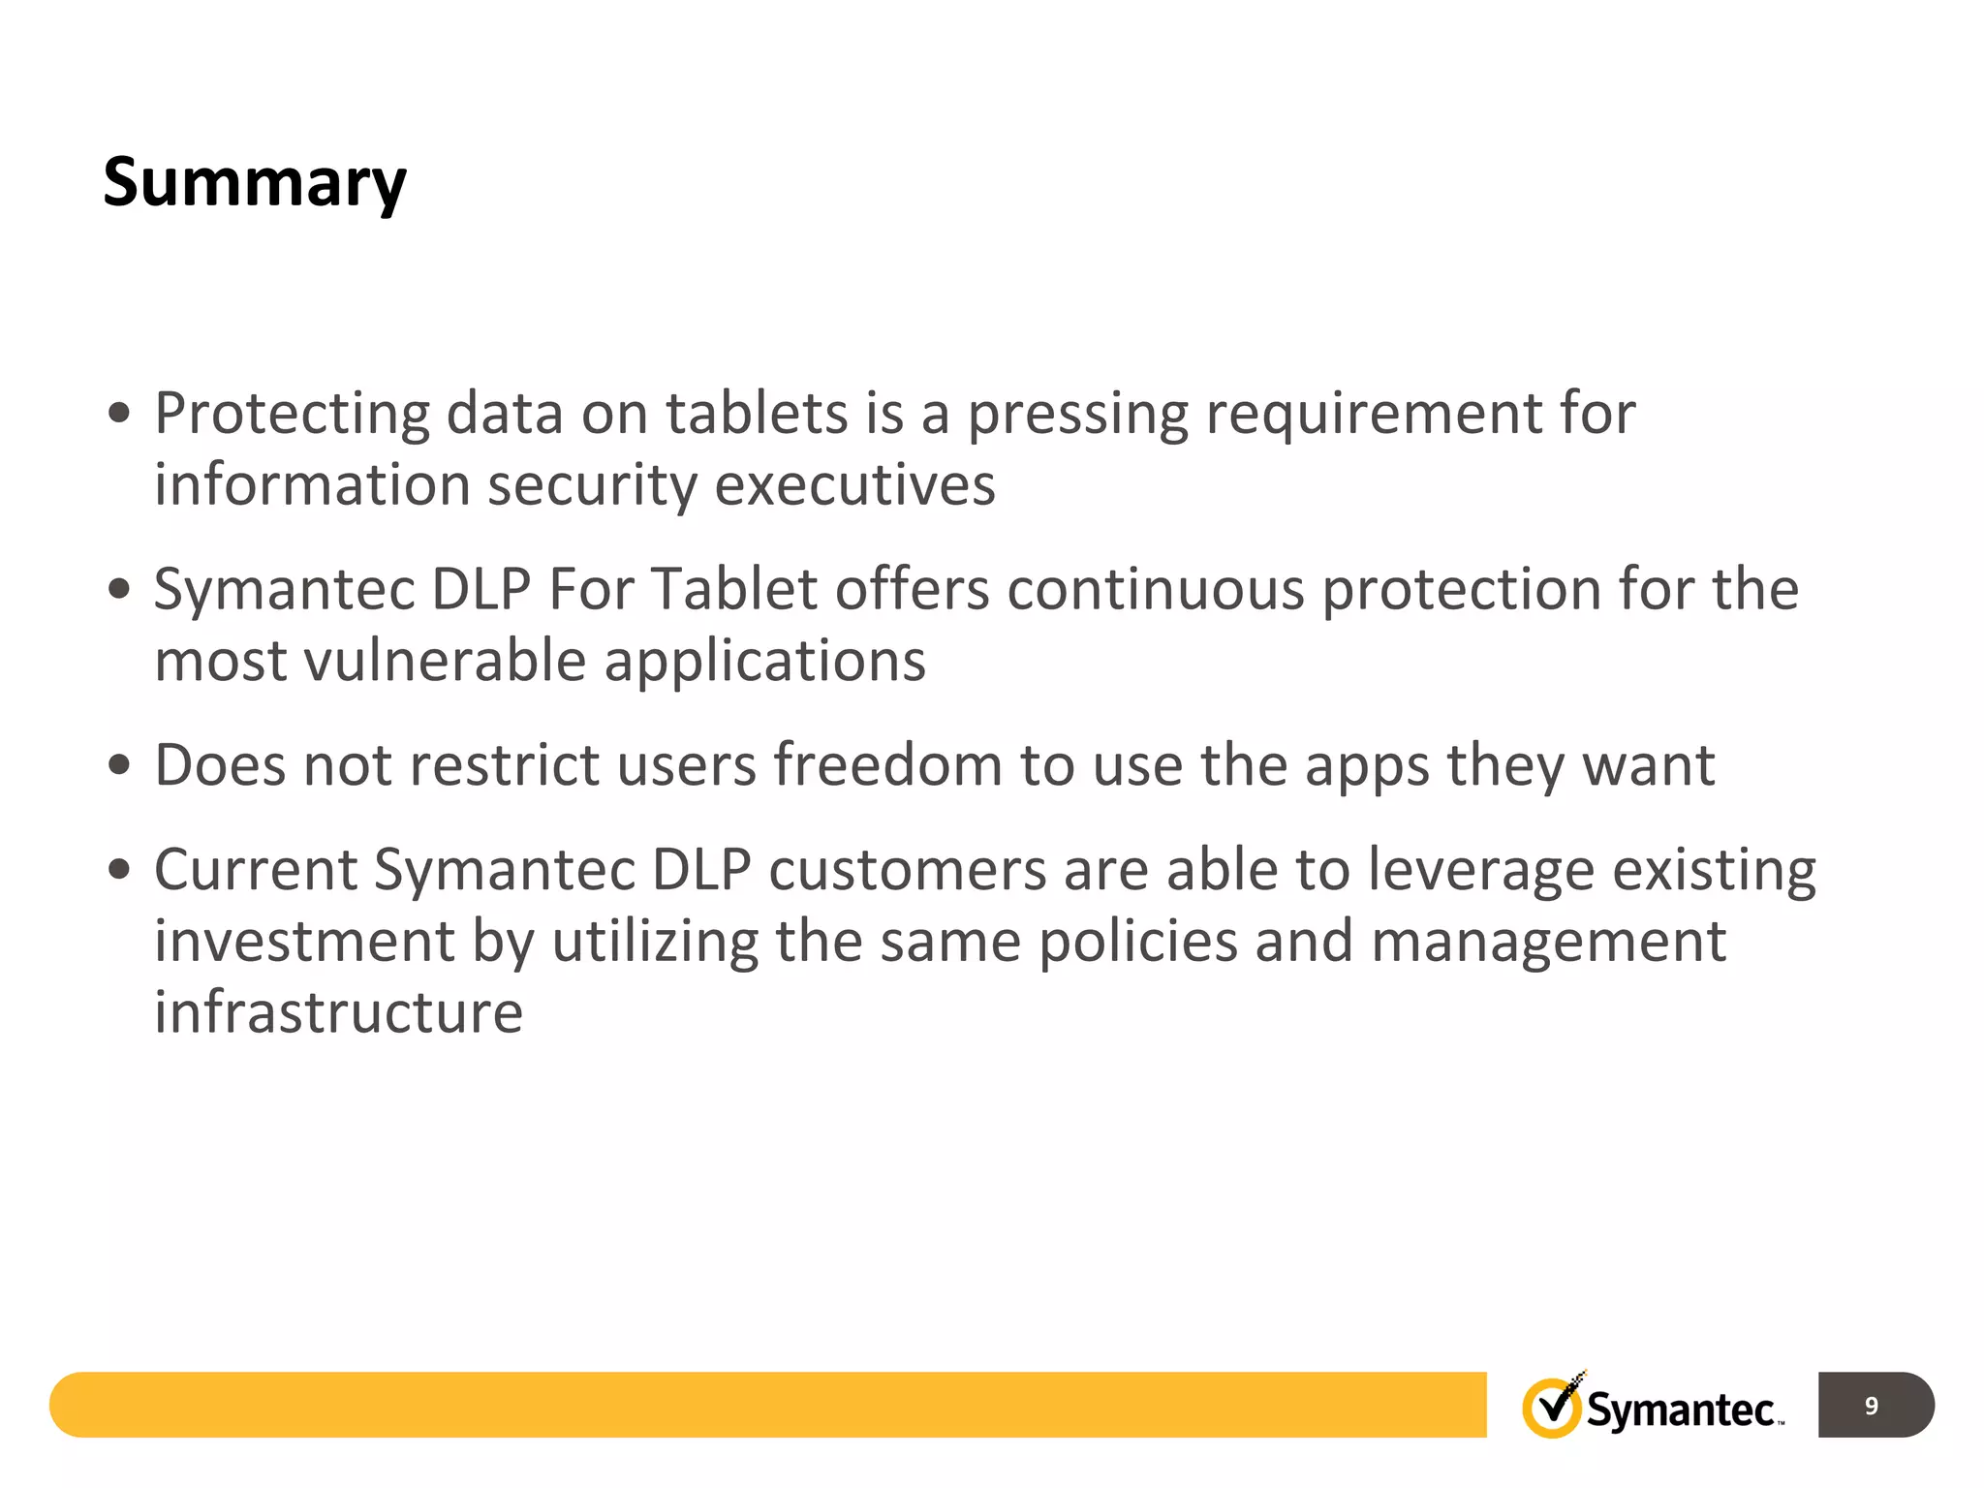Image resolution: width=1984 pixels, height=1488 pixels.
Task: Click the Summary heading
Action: pyautogui.click(x=255, y=183)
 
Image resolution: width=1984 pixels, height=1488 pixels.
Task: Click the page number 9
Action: pyautogui.click(x=1871, y=1406)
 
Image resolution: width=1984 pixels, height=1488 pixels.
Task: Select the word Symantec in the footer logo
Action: pyautogui.click(x=1681, y=1410)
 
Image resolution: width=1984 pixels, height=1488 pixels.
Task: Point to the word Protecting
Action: pyautogui.click(x=292, y=415)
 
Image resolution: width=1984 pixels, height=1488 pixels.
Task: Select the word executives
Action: pyautogui.click(x=854, y=484)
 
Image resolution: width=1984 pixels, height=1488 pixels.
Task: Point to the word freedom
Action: pyautogui.click(x=887, y=765)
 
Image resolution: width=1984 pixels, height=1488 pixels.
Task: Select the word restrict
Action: pyautogui.click(x=505, y=765)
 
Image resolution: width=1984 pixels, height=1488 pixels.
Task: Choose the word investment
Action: pyautogui.click(x=304, y=942)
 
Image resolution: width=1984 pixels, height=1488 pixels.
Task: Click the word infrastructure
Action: pyautogui.click(x=339, y=1012)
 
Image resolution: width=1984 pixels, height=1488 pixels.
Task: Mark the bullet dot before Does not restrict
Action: pyautogui.click(x=119, y=765)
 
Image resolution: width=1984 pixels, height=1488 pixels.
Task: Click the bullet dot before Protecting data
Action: pyautogui.click(x=119, y=414)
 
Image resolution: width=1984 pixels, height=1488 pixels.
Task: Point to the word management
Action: pyautogui.click(x=1548, y=944)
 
